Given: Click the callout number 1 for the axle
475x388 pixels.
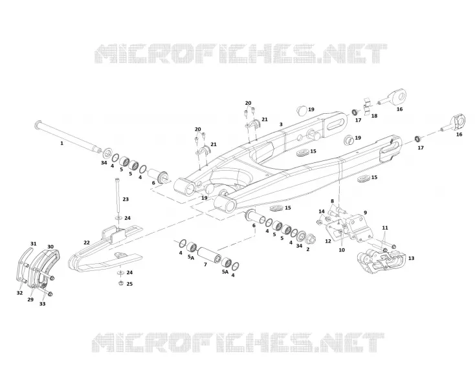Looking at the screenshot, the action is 61,143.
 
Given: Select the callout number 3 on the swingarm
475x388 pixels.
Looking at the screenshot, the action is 281,124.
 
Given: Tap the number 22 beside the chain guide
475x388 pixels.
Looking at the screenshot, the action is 87,242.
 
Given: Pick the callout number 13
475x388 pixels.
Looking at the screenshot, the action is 411,258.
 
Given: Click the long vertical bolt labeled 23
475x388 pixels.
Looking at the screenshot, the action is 117,197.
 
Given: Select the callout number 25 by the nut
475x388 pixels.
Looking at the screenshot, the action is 129,284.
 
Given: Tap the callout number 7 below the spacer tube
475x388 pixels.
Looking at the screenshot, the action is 205,264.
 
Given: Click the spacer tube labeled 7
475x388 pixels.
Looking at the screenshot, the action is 209,255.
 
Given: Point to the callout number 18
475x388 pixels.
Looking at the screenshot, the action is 374,116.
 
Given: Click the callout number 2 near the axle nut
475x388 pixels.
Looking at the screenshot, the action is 308,250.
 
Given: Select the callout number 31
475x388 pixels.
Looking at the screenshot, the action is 33,244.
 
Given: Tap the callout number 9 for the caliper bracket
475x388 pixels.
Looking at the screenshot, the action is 365,213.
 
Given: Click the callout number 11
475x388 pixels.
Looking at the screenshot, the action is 385,228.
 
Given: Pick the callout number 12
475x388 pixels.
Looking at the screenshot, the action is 328,241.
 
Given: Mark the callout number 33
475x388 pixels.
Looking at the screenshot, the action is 43,303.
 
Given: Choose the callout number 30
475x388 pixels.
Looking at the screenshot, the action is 50,246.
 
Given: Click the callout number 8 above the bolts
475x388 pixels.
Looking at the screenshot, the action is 332,201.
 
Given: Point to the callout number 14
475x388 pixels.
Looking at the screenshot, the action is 322,211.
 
